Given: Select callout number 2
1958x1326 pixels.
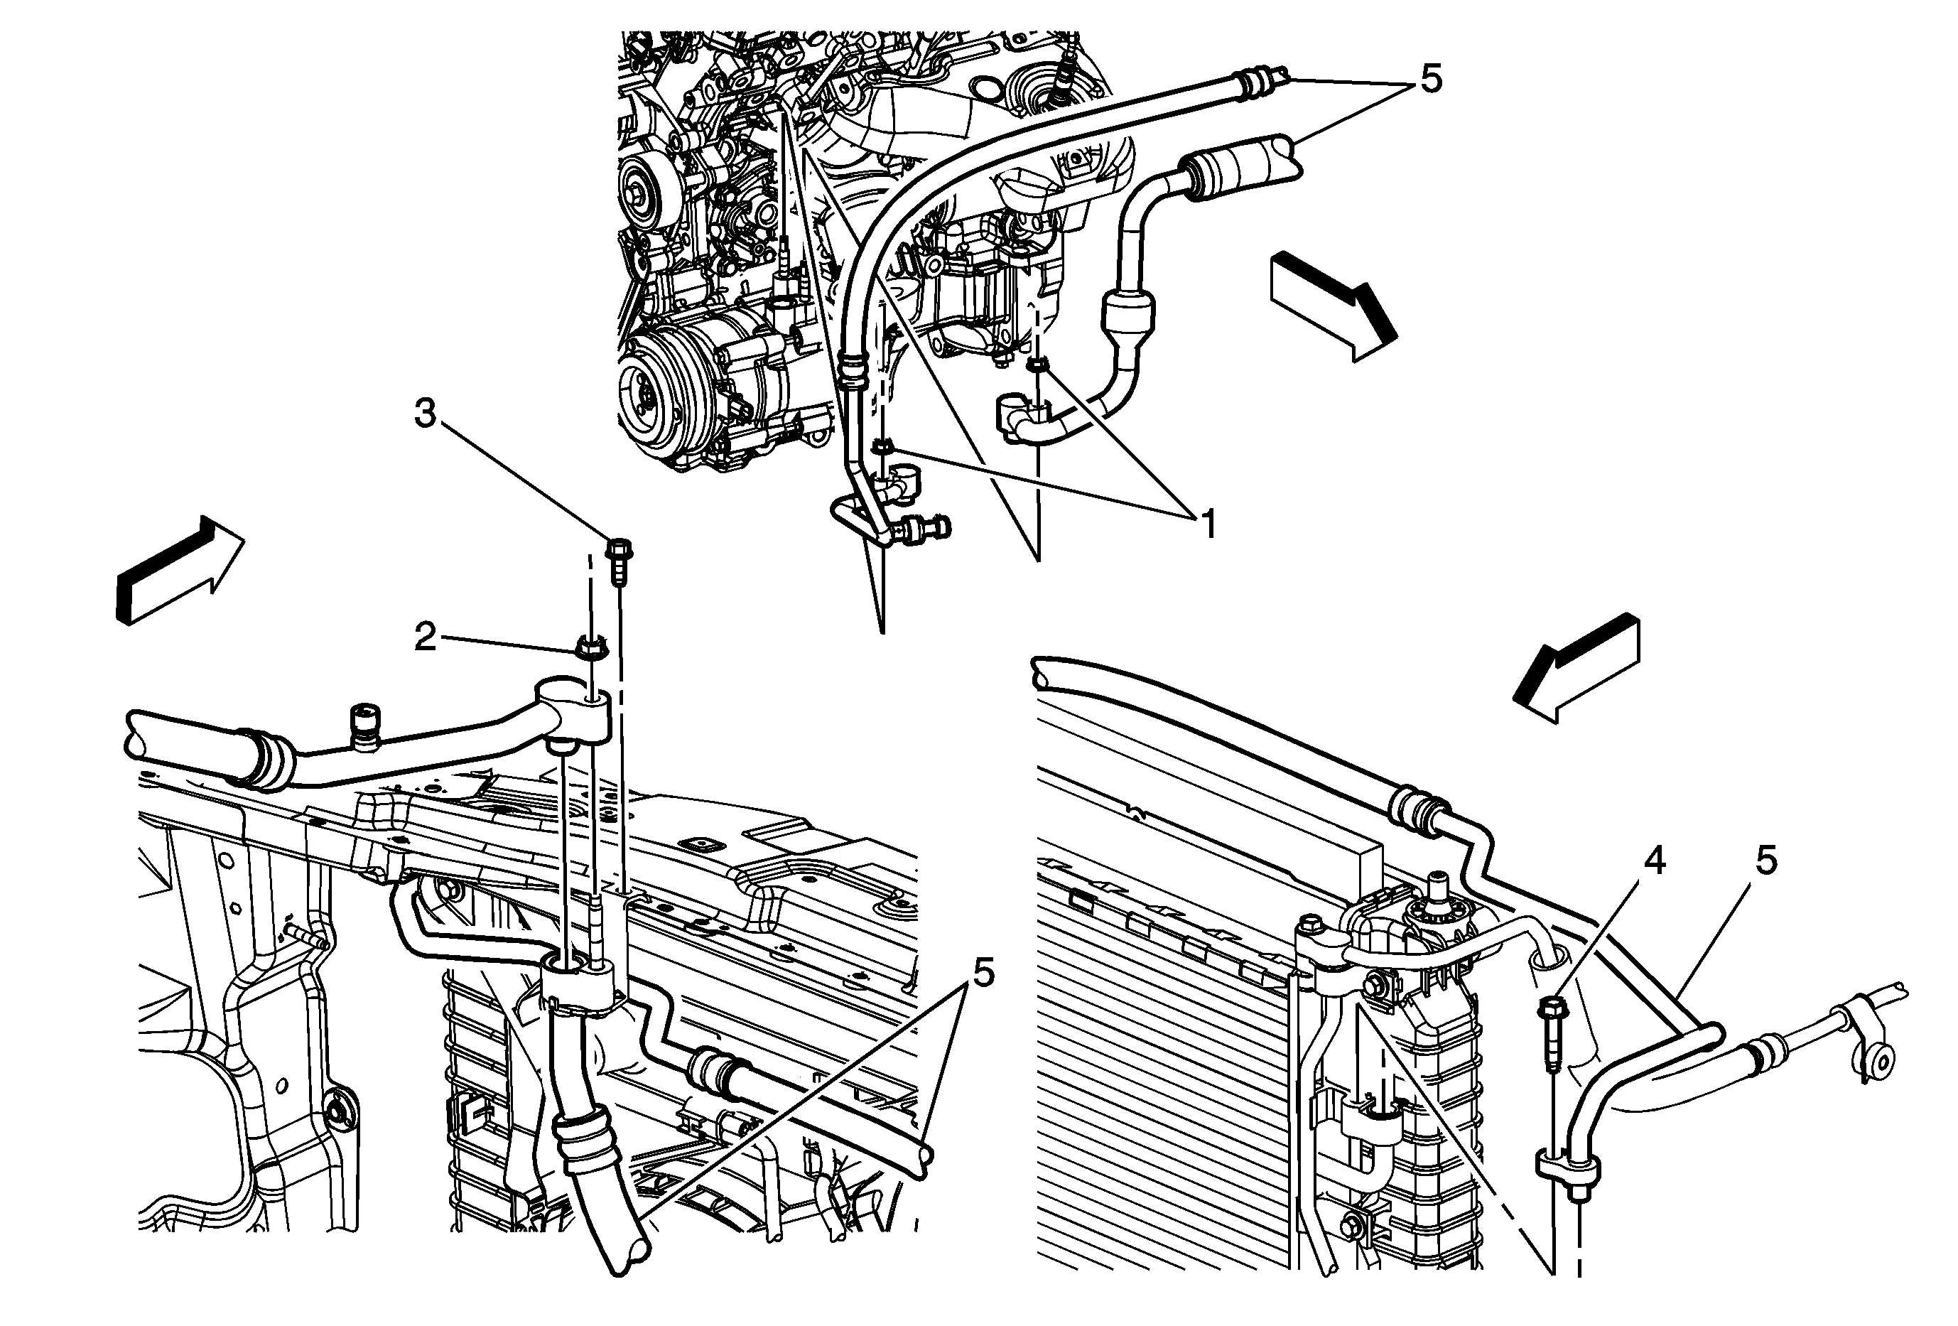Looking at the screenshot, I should pyautogui.click(x=426, y=637).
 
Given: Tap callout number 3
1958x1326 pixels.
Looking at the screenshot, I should pyautogui.click(x=426, y=414).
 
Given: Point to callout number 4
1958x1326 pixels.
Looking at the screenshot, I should pyautogui.click(x=1655, y=861).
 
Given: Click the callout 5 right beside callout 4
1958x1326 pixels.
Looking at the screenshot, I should pyautogui.click(x=1766, y=861).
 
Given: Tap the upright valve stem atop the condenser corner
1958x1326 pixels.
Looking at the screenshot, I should pyautogui.click(x=1438, y=890).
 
